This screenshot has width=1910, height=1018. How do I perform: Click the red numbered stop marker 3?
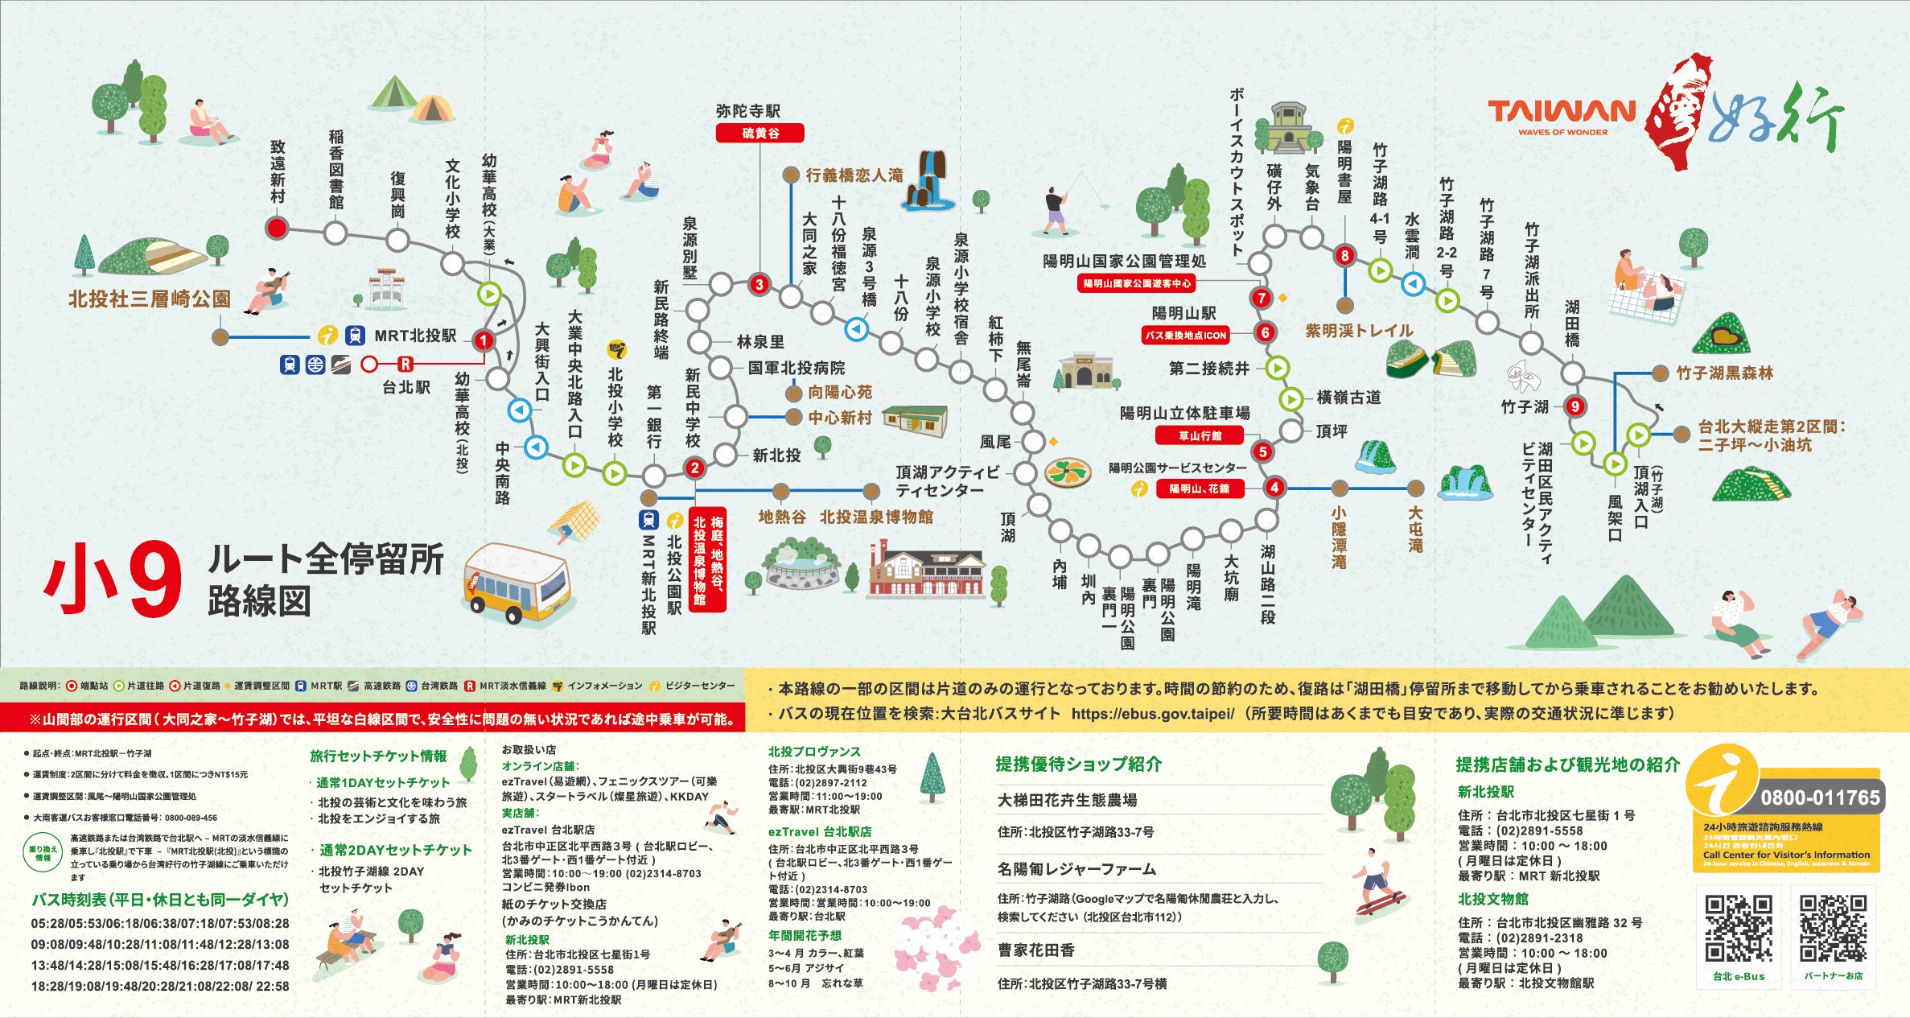click(x=759, y=284)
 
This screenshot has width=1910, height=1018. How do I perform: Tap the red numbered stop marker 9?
click(x=1575, y=406)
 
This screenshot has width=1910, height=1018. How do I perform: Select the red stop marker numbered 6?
click(x=1265, y=332)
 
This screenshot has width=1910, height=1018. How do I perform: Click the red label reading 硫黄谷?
click(x=759, y=133)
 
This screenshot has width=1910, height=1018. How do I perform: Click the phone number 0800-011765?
click(x=1820, y=798)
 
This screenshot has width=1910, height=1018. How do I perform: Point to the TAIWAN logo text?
click(x=1562, y=112)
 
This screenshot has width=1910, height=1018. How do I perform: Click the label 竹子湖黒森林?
click(x=1724, y=373)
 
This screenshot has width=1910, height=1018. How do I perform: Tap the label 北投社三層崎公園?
click(x=150, y=299)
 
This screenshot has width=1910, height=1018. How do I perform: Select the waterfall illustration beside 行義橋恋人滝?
click(x=930, y=181)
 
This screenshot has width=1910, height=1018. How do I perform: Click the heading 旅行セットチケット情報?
click(x=378, y=756)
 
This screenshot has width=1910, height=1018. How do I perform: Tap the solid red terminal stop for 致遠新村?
click(x=277, y=228)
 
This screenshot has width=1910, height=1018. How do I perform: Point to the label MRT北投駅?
click(x=415, y=336)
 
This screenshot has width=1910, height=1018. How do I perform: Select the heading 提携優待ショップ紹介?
click(x=1078, y=764)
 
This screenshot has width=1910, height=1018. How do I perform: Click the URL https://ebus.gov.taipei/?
click(x=1152, y=714)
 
